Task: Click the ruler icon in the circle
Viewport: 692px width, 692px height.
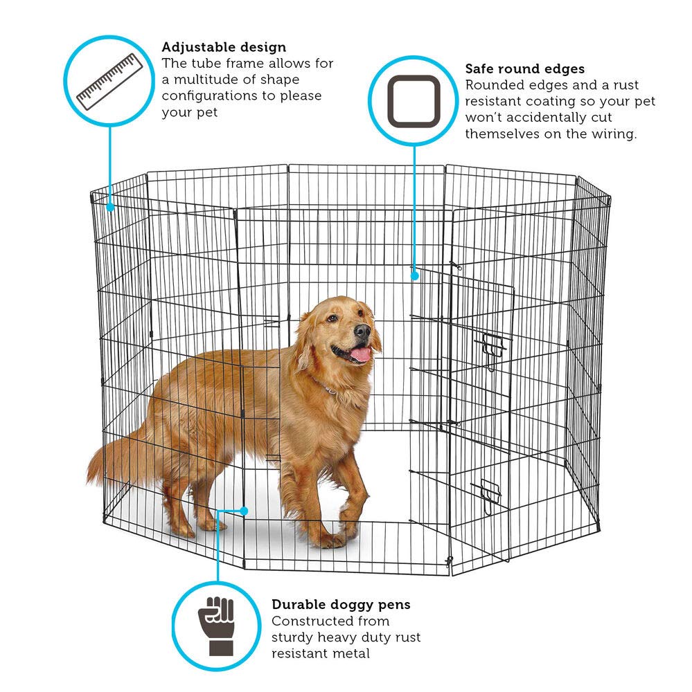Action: (109, 82)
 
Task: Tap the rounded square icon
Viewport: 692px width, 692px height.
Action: (414, 102)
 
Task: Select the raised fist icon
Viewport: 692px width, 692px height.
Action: (217, 625)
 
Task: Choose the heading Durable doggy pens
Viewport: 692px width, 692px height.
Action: (341, 604)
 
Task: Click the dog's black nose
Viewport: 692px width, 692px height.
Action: (362, 331)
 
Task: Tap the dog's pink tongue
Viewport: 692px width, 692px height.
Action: (360, 355)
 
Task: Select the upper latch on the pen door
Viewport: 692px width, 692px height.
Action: (493, 344)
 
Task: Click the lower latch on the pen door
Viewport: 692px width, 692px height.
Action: (488, 495)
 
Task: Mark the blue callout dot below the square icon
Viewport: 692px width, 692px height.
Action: (415, 275)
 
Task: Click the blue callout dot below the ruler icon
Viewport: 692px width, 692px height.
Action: (110, 205)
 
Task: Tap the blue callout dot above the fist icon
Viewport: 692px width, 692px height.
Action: (244, 511)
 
